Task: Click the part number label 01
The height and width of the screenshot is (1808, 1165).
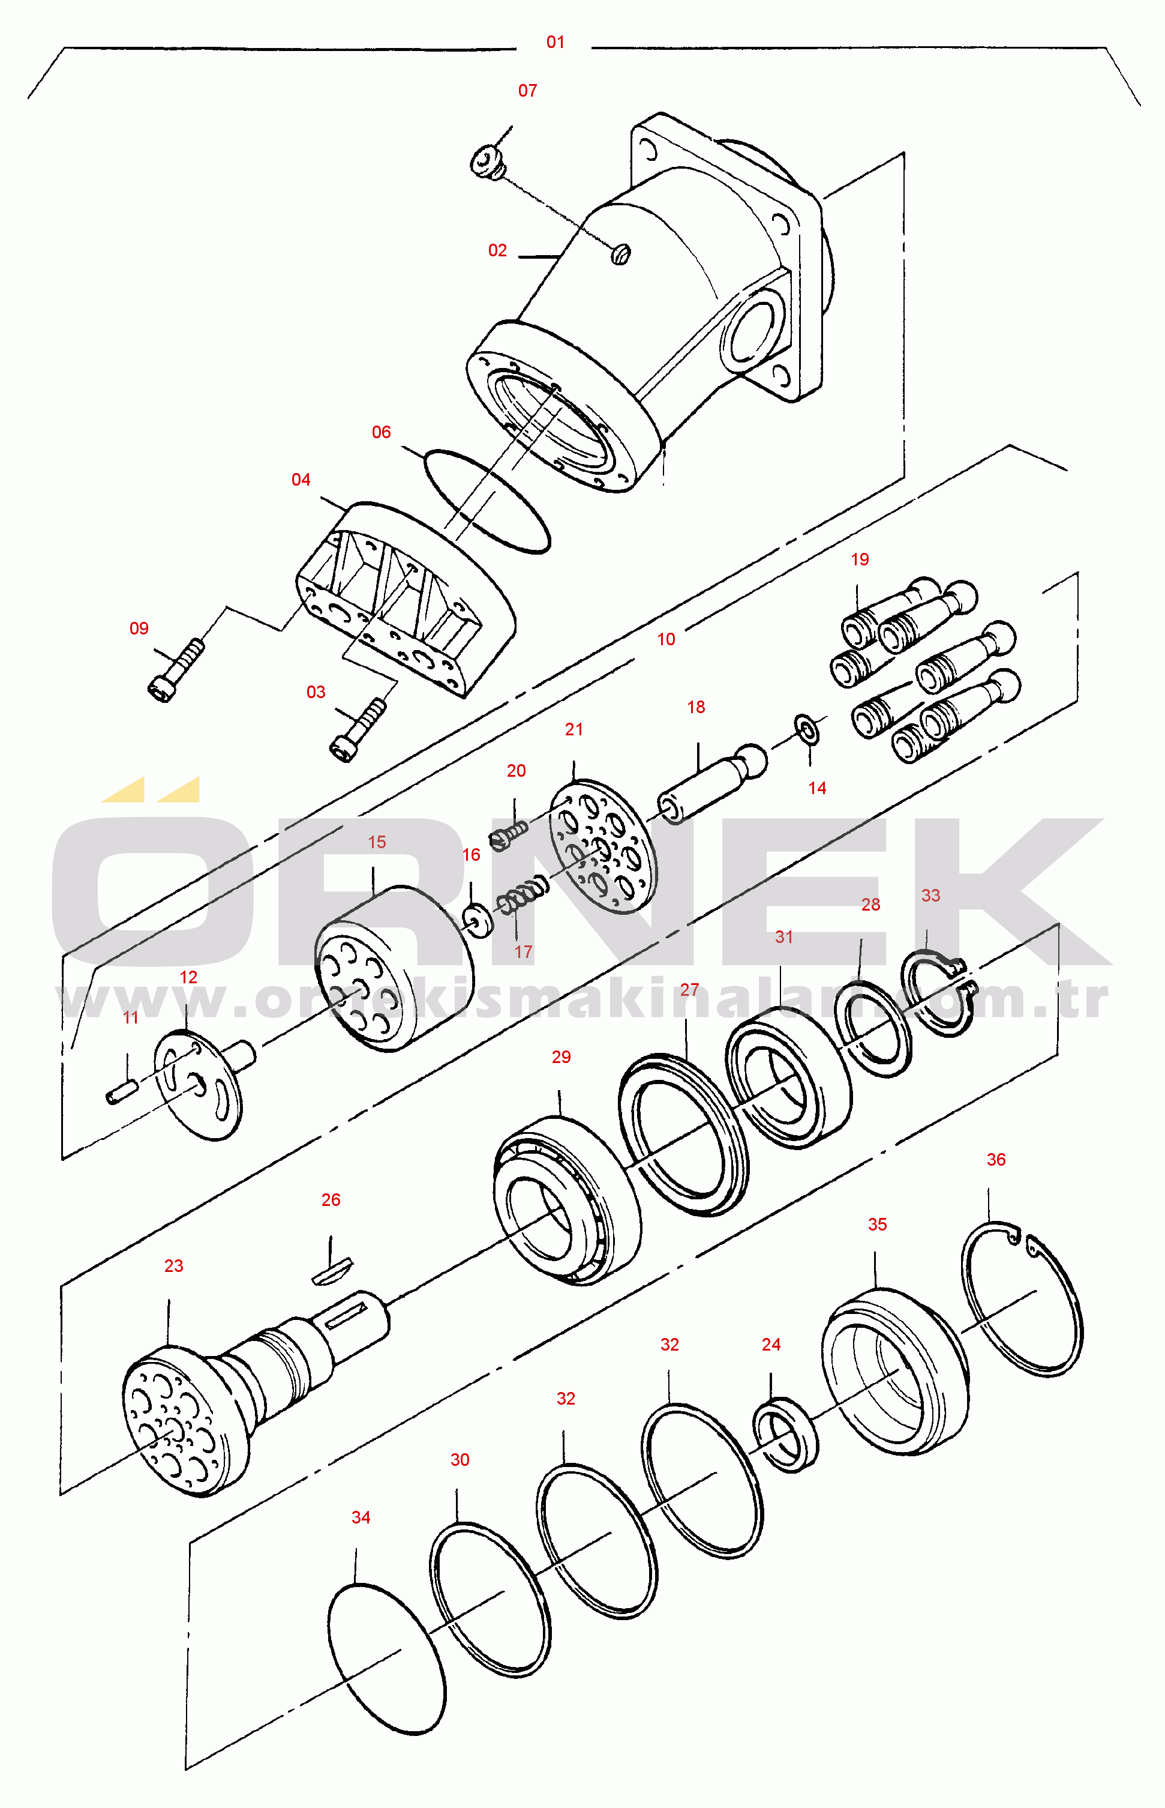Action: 556,43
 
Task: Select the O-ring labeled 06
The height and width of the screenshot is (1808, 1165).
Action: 487,502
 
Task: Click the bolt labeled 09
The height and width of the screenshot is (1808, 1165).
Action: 176,670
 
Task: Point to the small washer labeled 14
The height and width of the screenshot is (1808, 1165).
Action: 807,729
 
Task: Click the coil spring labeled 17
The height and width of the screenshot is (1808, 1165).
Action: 521,896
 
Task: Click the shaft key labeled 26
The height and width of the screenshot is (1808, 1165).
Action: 331,1270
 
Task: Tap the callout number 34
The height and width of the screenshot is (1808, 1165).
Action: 361,1517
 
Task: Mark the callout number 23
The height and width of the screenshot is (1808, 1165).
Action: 174,1266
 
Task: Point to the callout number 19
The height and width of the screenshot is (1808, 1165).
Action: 860,559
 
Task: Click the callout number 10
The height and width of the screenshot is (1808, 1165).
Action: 666,639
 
